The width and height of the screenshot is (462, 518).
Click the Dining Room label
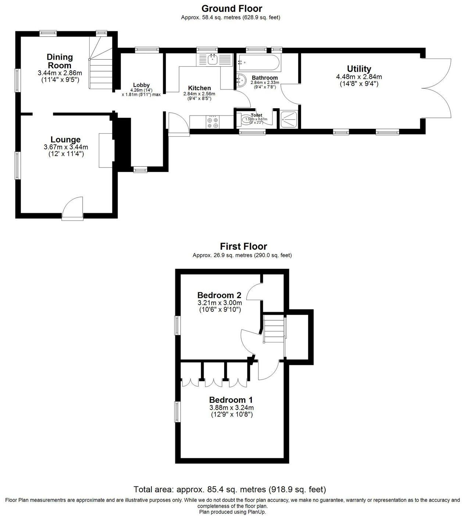point(60,61)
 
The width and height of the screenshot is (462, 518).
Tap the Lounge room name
point(65,140)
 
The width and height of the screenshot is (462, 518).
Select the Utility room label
point(359,69)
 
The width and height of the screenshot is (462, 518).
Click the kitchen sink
point(212,59)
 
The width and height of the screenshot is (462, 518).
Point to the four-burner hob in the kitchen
point(212,122)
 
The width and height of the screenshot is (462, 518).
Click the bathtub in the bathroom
point(258,63)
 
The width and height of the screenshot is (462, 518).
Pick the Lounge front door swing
point(73,208)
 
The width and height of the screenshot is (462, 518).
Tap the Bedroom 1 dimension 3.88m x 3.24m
point(231,408)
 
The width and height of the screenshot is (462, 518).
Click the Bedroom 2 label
point(219,295)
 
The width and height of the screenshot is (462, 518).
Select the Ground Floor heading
point(231,8)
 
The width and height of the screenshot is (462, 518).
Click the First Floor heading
point(243,246)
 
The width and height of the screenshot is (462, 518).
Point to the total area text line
point(230,489)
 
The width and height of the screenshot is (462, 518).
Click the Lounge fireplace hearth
point(105,150)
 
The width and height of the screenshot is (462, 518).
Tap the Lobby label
point(141,85)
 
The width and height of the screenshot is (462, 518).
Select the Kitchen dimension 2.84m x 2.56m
point(199,94)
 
